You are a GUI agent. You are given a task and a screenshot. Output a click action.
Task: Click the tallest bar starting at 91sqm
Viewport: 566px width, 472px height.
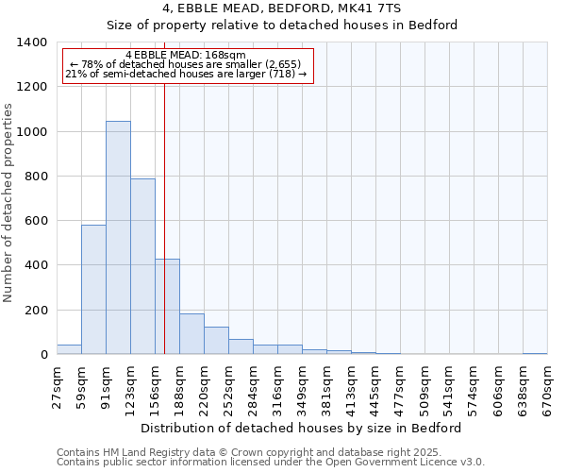coord(118,238)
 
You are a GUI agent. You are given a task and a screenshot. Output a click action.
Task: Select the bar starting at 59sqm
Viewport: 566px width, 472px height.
coord(93,290)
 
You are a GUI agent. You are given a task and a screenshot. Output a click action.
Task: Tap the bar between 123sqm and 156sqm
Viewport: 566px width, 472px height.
coord(142,266)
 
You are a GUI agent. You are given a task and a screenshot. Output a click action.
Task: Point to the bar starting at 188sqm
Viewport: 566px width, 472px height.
coord(191,334)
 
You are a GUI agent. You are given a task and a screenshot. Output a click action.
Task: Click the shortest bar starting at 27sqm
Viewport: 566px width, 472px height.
coord(69,349)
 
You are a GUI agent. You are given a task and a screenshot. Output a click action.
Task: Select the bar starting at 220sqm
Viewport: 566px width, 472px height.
coord(216,341)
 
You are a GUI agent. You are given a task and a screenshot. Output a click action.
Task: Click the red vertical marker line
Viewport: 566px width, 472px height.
coord(165,217)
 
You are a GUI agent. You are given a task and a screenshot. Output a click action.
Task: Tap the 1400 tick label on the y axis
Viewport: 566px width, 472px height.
coord(32,42)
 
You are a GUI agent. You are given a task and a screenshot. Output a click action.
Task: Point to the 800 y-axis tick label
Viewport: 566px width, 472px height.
coord(36,177)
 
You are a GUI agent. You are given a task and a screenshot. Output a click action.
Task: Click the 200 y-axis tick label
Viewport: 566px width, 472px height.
coord(36,311)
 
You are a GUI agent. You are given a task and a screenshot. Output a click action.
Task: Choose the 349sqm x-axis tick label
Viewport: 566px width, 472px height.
coord(302,388)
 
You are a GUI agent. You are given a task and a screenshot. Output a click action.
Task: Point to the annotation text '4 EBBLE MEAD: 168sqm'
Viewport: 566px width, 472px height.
coord(185,56)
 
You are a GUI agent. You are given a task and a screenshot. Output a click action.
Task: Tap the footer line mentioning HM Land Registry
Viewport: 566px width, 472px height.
coord(249,452)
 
